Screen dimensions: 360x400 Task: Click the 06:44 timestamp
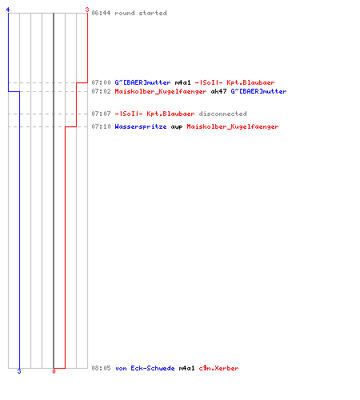point(101,13)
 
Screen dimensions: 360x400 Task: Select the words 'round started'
point(141,13)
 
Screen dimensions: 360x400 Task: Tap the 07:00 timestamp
point(101,82)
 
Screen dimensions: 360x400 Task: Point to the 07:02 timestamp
point(101,91)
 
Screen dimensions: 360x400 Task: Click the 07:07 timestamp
point(101,114)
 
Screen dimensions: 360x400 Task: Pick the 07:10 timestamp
point(101,126)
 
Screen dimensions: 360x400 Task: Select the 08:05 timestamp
point(101,368)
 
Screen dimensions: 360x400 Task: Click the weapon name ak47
point(218,91)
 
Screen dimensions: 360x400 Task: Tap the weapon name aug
point(177,127)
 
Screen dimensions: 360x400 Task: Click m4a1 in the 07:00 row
point(182,82)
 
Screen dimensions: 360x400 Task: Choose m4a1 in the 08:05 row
point(186,368)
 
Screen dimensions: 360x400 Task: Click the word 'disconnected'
point(222,114)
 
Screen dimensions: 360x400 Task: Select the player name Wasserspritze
point(141,126)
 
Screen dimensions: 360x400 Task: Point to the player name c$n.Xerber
point(218,368)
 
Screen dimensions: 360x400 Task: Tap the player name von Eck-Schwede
point(145,368)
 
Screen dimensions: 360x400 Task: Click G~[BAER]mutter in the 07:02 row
point(258,91)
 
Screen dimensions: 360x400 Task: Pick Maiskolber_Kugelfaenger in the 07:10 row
point(233,126)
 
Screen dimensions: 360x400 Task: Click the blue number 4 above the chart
point(8,10)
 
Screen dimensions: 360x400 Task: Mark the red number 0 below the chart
point(54,371)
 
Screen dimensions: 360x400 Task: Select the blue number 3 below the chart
point(19,371)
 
